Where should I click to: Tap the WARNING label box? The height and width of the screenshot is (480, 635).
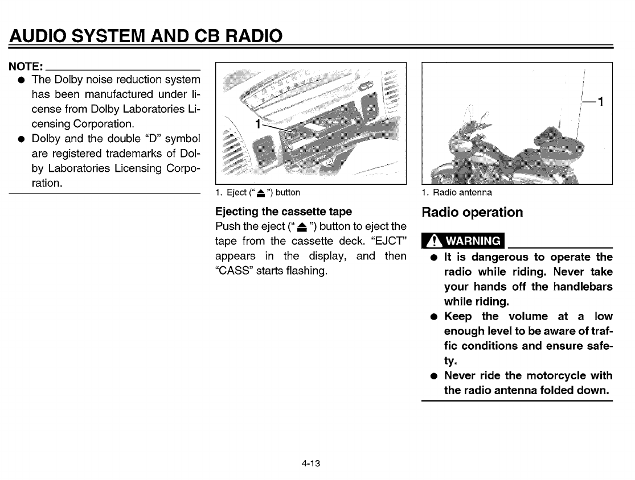[462, 241]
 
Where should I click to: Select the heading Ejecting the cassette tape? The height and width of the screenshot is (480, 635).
[284, 212]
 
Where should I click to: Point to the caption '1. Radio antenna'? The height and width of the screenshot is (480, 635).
[457, 192]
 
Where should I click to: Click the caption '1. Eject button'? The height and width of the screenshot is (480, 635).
[257, 192]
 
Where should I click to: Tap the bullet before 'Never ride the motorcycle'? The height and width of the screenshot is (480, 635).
[434, 376]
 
